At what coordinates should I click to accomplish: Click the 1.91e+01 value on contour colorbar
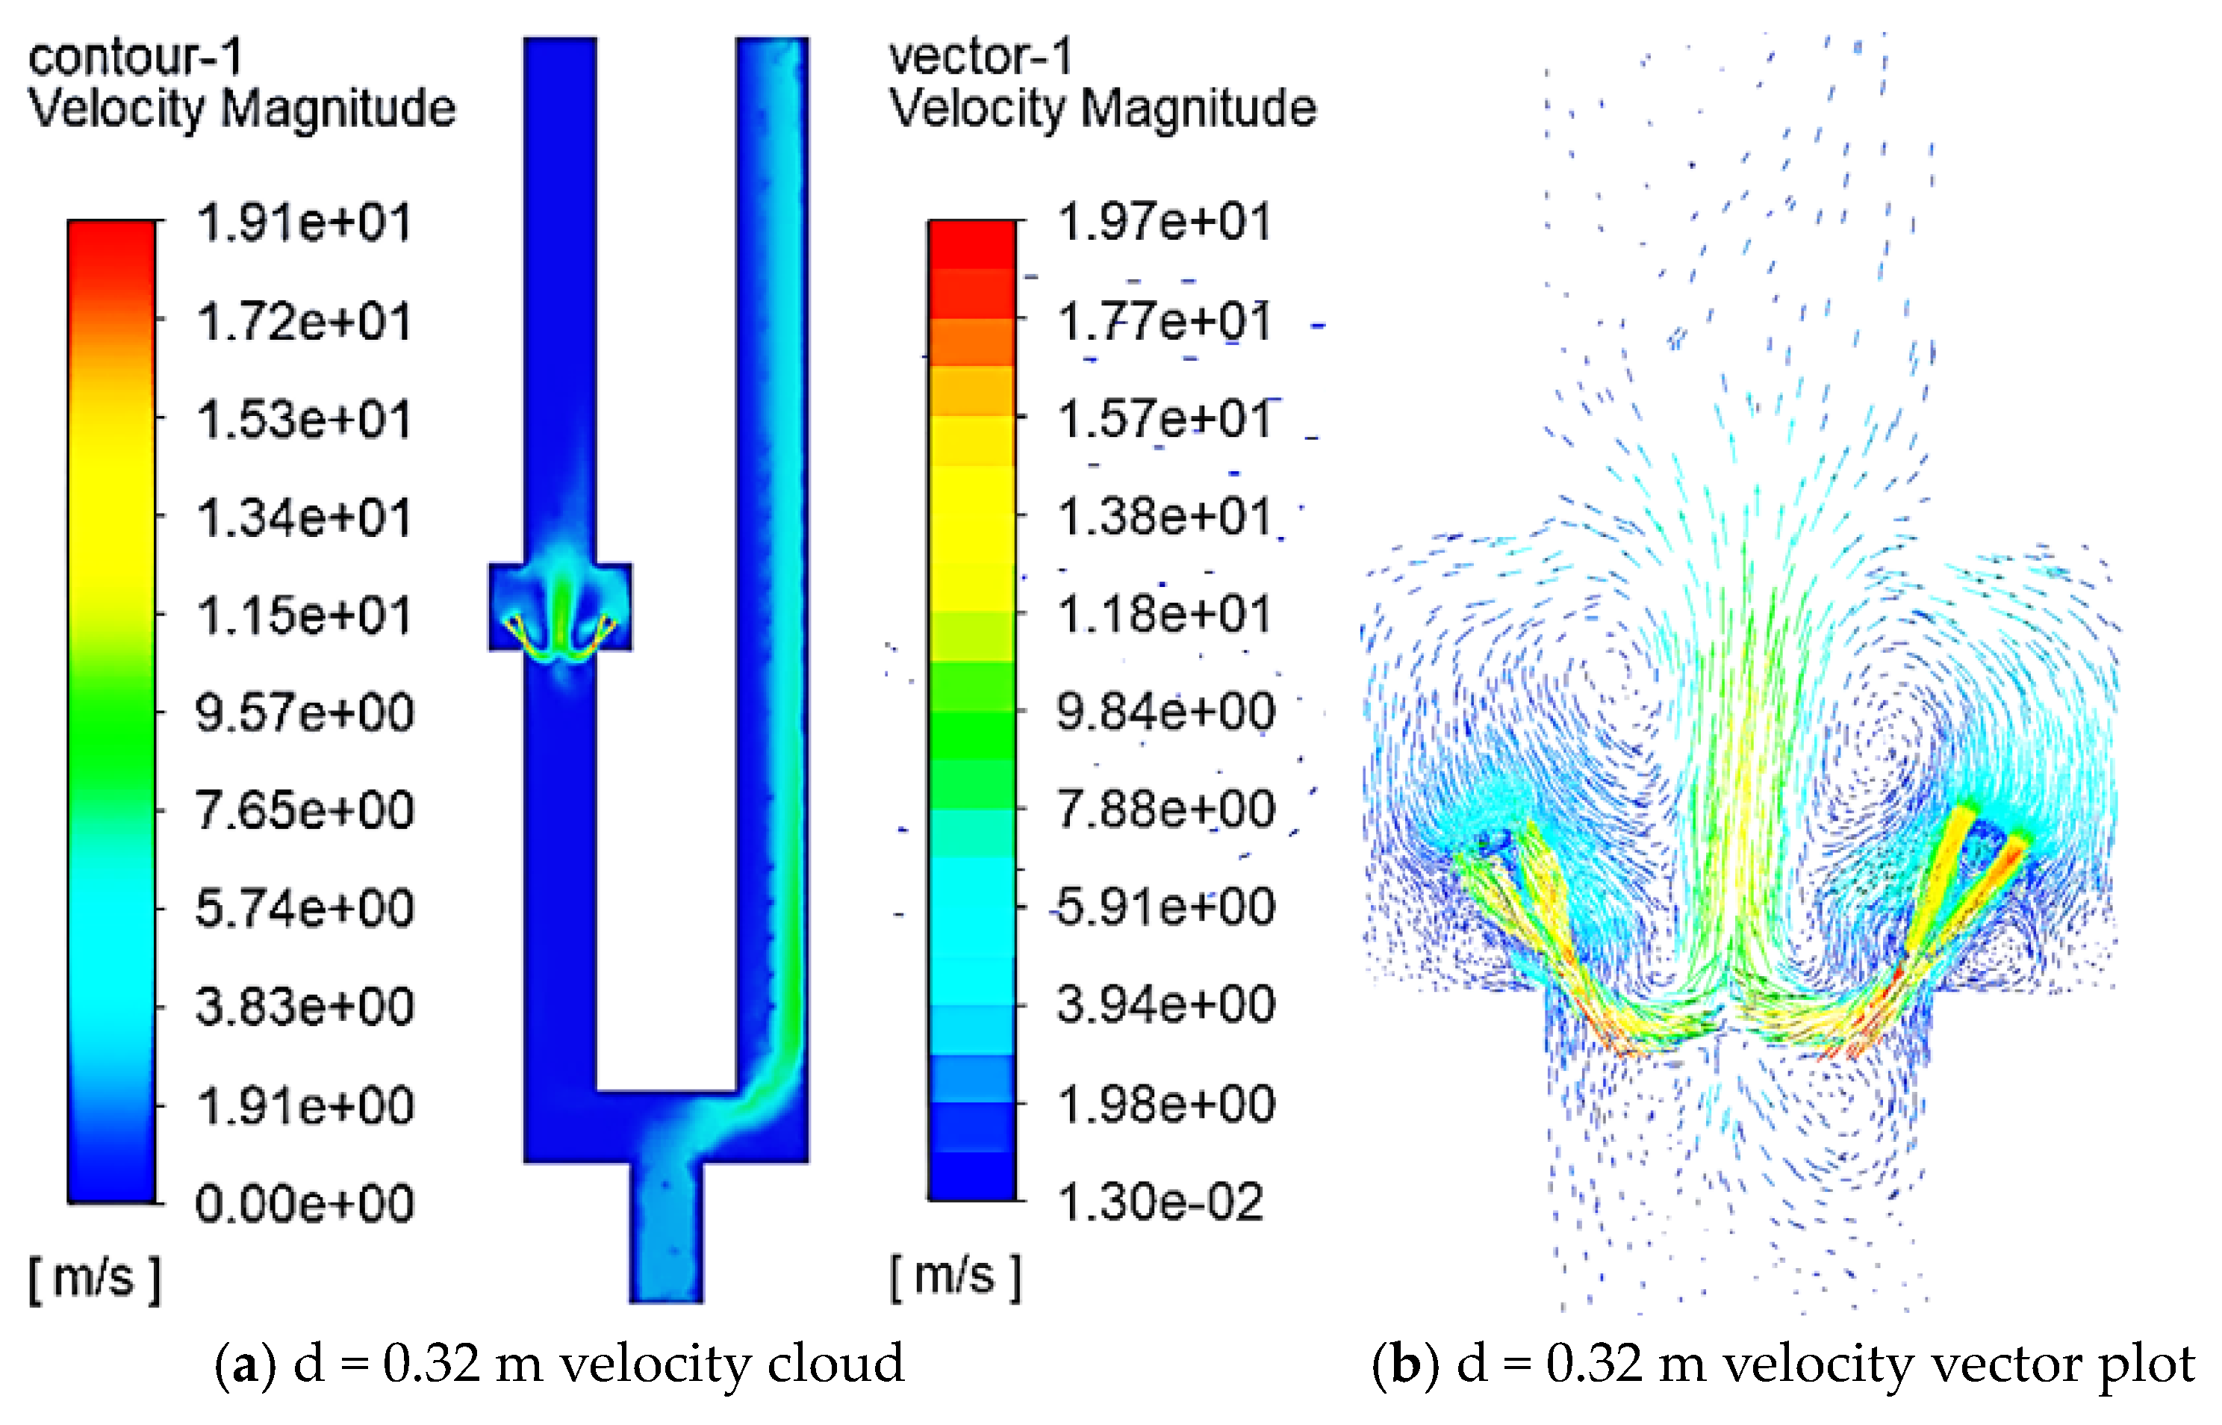303,223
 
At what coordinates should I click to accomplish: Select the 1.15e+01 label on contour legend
303,615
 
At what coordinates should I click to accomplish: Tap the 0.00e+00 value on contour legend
303,1204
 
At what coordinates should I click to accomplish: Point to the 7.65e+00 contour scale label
303,810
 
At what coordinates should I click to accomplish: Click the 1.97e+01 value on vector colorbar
1164,222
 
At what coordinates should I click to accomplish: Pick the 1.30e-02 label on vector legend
1159,1202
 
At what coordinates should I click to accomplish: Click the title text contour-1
135,58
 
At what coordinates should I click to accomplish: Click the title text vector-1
980,58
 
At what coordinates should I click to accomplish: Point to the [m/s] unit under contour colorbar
94,1279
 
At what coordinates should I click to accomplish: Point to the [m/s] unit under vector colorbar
955,1277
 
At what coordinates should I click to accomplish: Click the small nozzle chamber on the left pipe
560,607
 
